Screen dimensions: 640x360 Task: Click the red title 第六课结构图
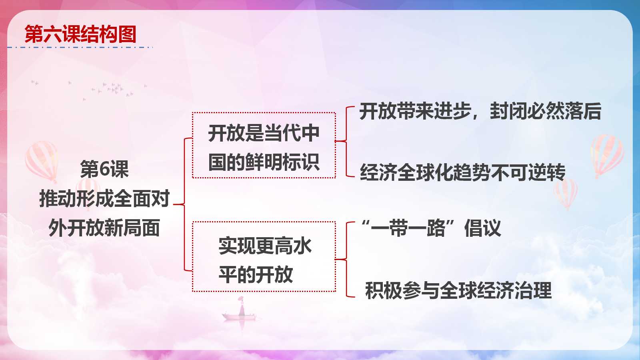tap(80, 34)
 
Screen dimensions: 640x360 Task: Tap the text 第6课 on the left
tap(104, 169)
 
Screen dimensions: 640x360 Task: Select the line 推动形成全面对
tap(104, 198)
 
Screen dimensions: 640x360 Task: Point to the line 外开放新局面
tap(104, 228)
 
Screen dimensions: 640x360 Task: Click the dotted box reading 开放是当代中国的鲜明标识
tap(264, 112)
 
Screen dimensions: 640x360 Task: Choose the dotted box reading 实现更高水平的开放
tap(264, 222)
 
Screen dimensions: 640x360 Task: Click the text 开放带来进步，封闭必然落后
tap(480, 111)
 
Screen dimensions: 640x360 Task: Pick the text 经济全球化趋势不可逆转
tap(462, 172)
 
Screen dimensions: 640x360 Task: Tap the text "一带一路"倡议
tap(431, 228)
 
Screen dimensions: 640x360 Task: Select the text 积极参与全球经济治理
tap(458, 290)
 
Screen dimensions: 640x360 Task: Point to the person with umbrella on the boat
tap(242, 306)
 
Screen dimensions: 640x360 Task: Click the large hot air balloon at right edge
tap(607, 156)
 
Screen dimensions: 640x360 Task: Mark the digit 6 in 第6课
tap(105, 170)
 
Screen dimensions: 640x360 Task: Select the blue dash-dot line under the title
tap(80, 47)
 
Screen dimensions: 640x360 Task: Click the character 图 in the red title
tap(127, 34)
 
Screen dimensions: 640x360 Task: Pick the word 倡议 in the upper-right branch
tap(483, 228)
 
